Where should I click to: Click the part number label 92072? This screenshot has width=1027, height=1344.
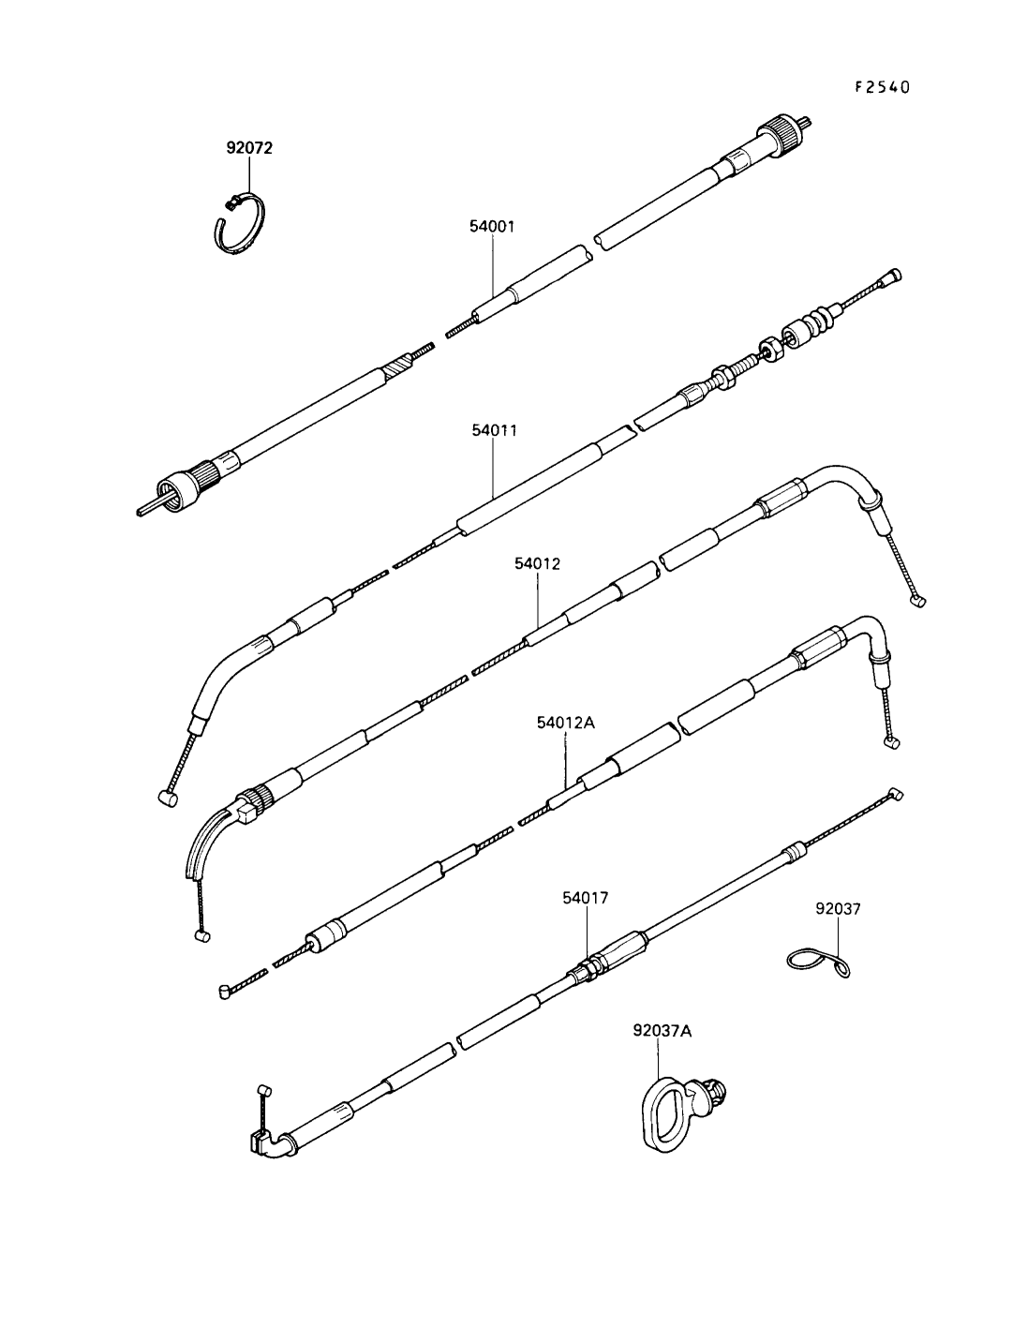pyautogui.click(x=249, y=148)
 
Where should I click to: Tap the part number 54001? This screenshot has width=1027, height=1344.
pyautogui.click(x=492, y=227)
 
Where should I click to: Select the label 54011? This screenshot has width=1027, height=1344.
pyautogui.click(x=494, y=430)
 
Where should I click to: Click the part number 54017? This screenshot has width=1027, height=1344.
pyautogui.click(x=586, y=898)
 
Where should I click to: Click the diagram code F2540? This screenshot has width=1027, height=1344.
pyautogui.click(x=882, y=87)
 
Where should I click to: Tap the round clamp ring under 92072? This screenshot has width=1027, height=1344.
pyautogui.click(x=237, y=223)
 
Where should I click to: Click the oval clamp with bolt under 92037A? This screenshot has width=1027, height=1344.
pyautogui.click(x=667, y=1111)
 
